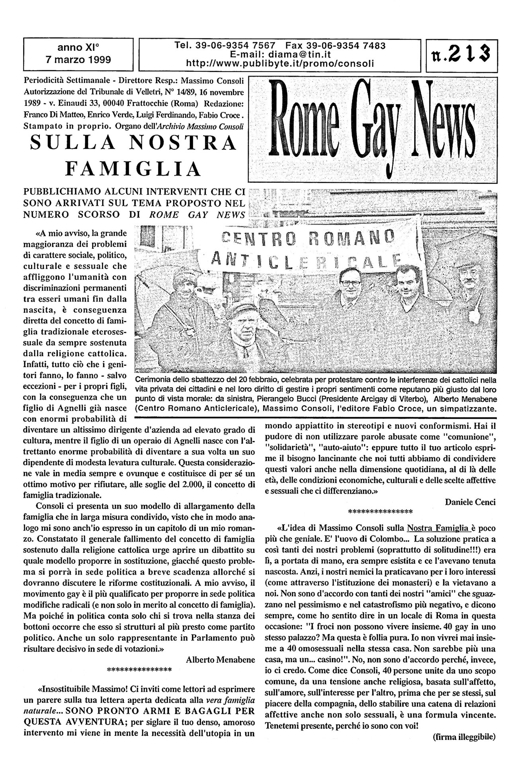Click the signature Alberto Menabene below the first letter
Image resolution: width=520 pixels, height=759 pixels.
(x=220, y=659)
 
